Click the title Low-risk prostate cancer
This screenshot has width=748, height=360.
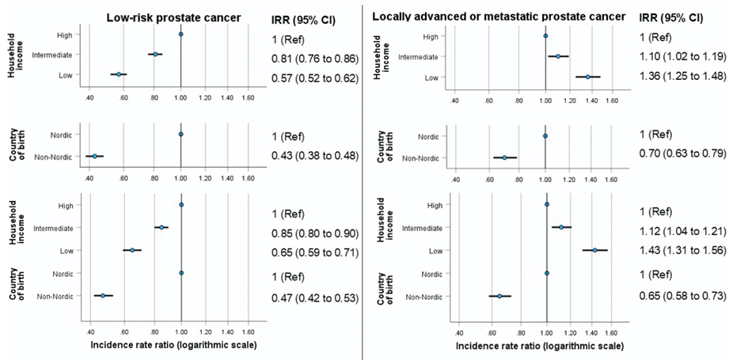176,17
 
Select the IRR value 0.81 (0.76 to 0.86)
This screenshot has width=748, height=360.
314,58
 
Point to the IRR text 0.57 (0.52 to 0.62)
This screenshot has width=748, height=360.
314,78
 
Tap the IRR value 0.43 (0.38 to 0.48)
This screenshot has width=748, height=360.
314,155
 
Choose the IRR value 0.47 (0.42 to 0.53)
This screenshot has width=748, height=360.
314,297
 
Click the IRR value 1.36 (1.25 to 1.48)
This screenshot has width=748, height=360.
681,76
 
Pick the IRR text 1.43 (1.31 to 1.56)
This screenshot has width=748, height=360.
681,251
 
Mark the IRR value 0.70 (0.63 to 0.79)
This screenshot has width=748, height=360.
681,152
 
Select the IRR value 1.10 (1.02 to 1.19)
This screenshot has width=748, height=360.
681,56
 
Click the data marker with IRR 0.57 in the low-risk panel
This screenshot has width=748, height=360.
119,74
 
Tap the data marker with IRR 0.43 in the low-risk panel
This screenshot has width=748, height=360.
94,157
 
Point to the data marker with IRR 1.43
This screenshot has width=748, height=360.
594,250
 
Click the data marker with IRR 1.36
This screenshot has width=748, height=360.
588,77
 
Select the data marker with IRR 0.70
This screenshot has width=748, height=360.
504,157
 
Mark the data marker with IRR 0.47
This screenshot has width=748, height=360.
103,295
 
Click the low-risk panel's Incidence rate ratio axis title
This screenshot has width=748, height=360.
173,345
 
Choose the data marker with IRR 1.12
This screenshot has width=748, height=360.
561,227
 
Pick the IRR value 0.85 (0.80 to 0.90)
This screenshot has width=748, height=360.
314,234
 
